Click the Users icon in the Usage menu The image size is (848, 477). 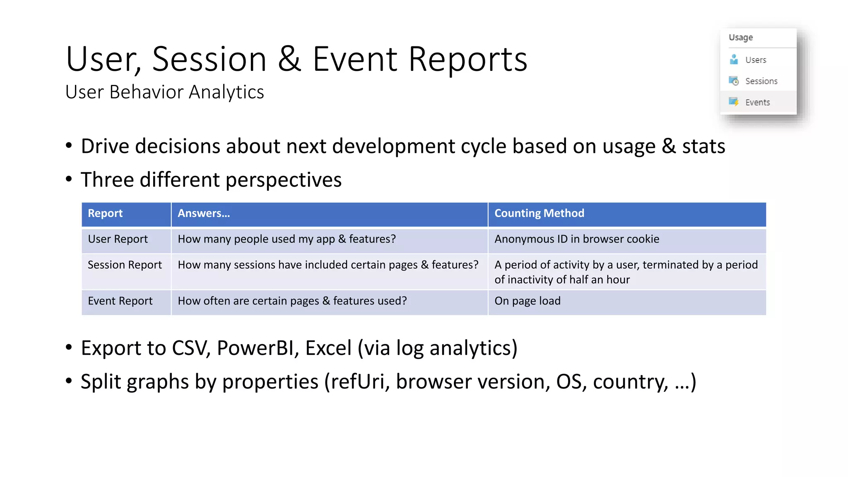point(734,59)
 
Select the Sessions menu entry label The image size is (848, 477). point(761,81)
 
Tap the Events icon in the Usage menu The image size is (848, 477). point(734,102)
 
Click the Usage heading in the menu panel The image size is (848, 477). point(741,37)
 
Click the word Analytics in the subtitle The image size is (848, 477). point(226,92)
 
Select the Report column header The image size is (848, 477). point(105,213)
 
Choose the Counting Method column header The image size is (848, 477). point(539,213)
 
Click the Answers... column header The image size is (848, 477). point(204,213)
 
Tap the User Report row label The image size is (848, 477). point(118,239)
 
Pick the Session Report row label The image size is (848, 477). point(125,265)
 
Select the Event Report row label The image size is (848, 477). point(120,301)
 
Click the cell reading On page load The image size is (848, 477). point(528,301)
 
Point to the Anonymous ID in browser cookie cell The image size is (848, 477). point(577,239)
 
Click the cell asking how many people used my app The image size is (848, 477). point(287,239)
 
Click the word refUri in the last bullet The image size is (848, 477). point(359,381)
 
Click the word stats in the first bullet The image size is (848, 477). point(703,146)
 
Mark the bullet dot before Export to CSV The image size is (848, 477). point(69,347)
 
